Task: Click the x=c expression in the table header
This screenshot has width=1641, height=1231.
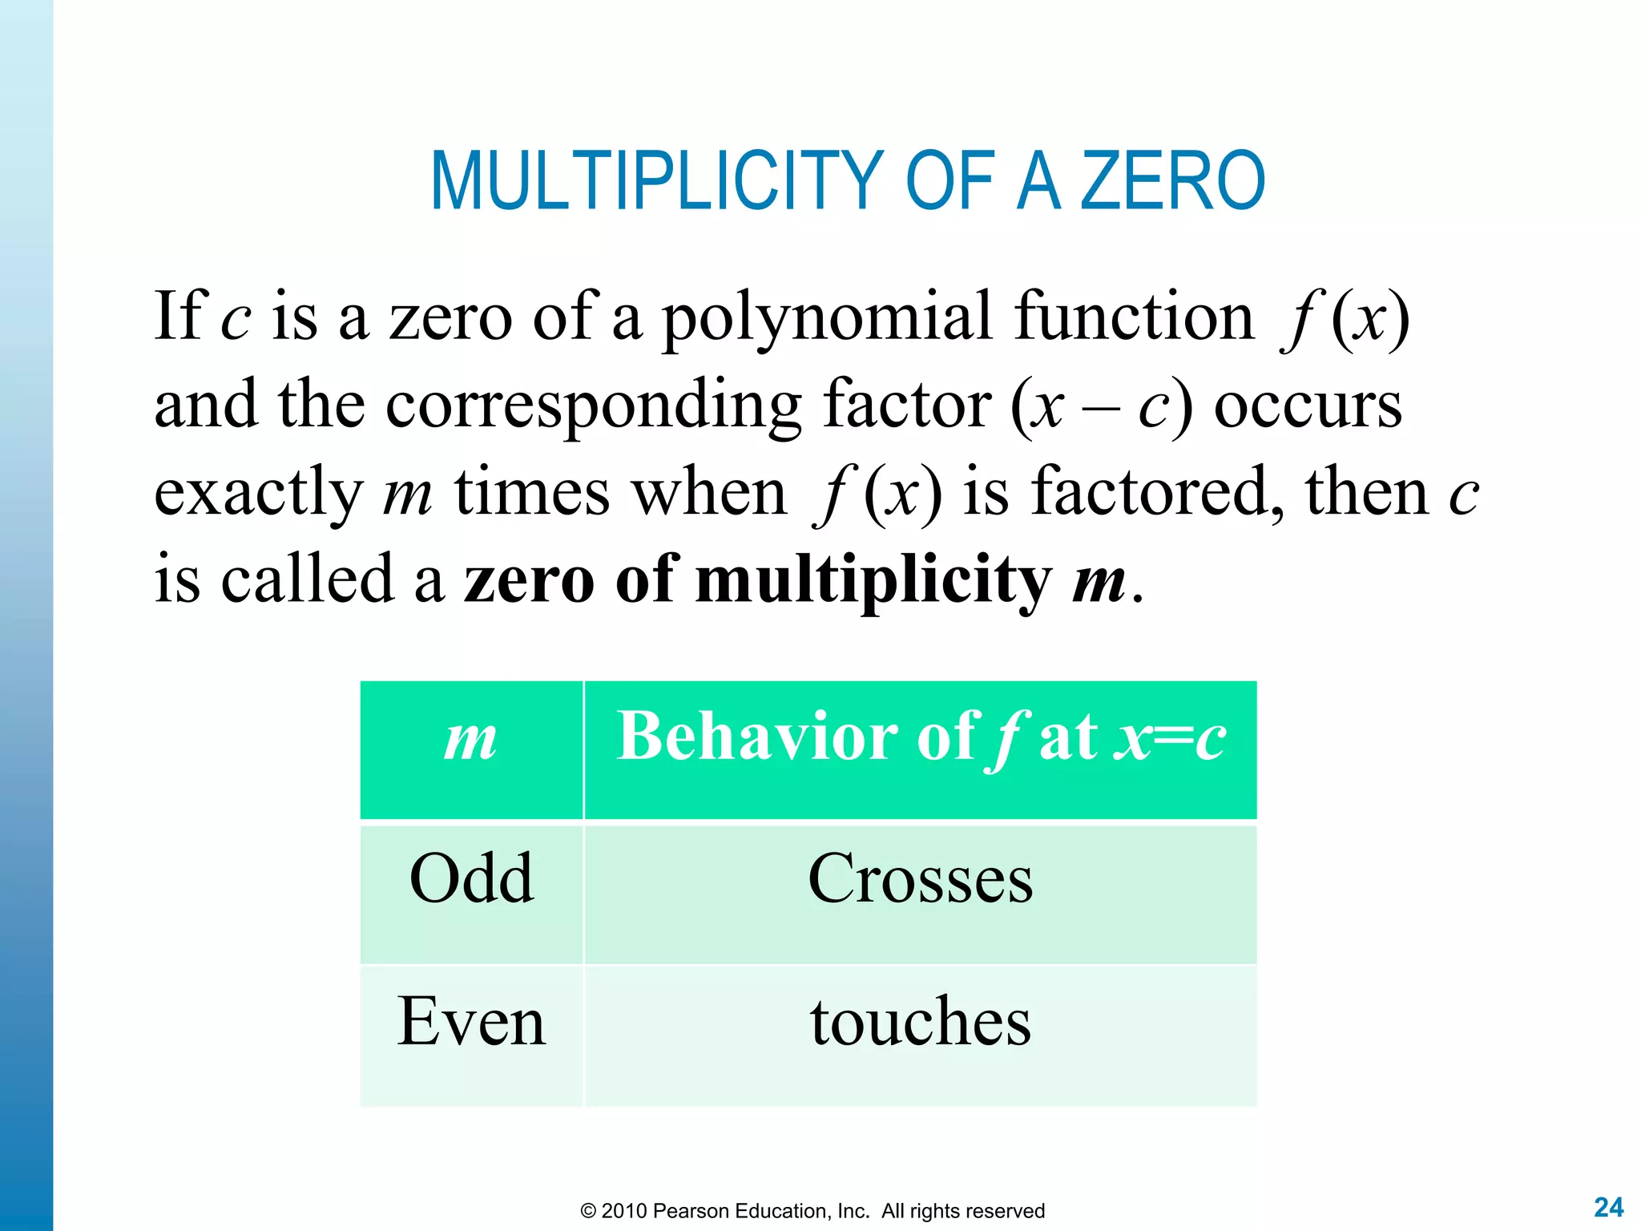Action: point(1170,737)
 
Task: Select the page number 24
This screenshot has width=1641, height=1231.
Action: point(1608,1207)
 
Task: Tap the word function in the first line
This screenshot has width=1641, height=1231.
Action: point(1133,317)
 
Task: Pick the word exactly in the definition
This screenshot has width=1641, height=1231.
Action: point(258,494)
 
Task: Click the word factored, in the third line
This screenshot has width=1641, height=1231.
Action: point(1158,492)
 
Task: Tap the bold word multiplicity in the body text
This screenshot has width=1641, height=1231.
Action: point(873,580)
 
